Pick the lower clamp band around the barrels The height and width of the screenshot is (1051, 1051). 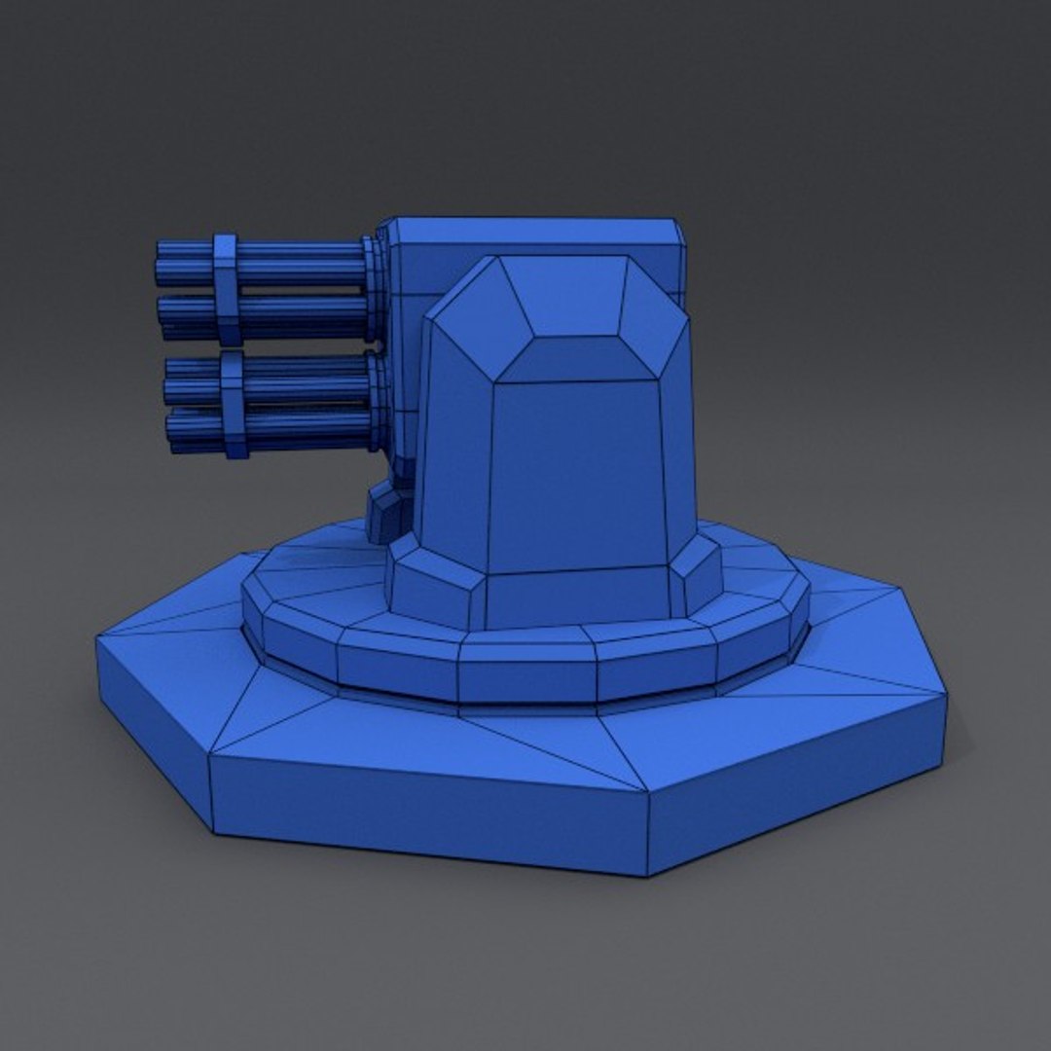[x=232, y=404]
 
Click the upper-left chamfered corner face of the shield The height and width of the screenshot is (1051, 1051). [x=472, y=311]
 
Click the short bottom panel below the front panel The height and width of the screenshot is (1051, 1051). [x=580, y=597]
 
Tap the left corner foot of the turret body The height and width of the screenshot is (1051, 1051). [x=433, y=584]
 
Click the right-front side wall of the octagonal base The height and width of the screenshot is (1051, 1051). [x=798, y=779]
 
